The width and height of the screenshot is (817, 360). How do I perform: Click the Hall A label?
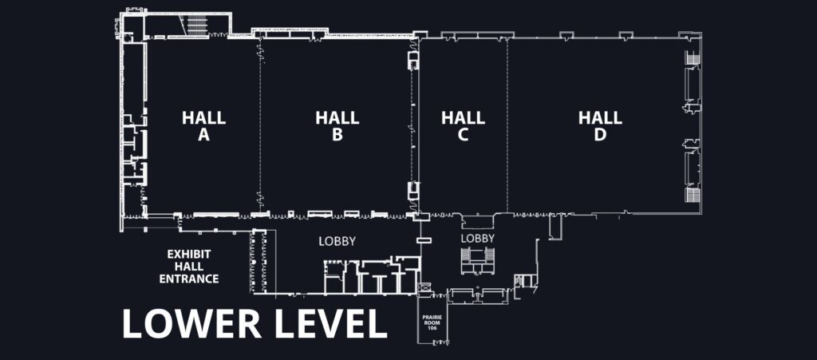point(203,126)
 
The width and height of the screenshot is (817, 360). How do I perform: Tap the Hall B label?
point(337,126)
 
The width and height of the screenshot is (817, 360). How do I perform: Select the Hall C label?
point(463,126)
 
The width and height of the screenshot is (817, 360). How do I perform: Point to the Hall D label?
point(600,126)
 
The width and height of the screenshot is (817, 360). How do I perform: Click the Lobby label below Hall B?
point(337,241)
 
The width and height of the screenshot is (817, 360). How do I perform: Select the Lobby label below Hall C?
point(478,239)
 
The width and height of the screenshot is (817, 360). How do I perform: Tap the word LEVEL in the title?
point(328,323)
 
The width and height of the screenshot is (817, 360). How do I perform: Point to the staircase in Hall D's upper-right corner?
point(692,58)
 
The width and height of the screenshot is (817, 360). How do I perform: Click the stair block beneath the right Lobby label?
point(478,258)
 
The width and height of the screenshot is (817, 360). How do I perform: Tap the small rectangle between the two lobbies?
point(424,240)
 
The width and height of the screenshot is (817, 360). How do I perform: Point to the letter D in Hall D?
point(600,136)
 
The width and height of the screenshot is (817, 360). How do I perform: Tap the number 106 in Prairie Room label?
point(435,327)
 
